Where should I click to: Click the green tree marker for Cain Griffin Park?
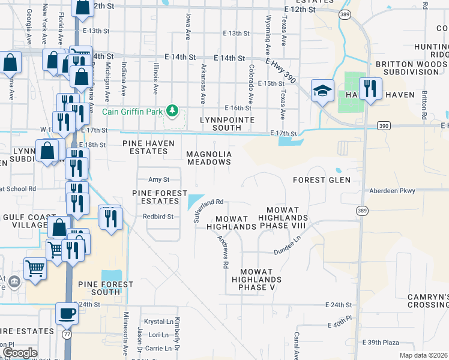coord(172,110)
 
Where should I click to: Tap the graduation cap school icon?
coord(322,90)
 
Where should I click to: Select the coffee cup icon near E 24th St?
coord(66,313)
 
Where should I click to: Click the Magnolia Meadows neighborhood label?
coord(209,158)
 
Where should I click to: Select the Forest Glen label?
coord(321,180)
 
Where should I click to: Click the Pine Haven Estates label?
coord(148,148)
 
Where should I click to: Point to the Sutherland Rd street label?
coord(208,211)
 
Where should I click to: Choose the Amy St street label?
coord(159,179)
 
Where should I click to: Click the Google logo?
coord(20,353)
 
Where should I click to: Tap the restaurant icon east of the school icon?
coord(370,90)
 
